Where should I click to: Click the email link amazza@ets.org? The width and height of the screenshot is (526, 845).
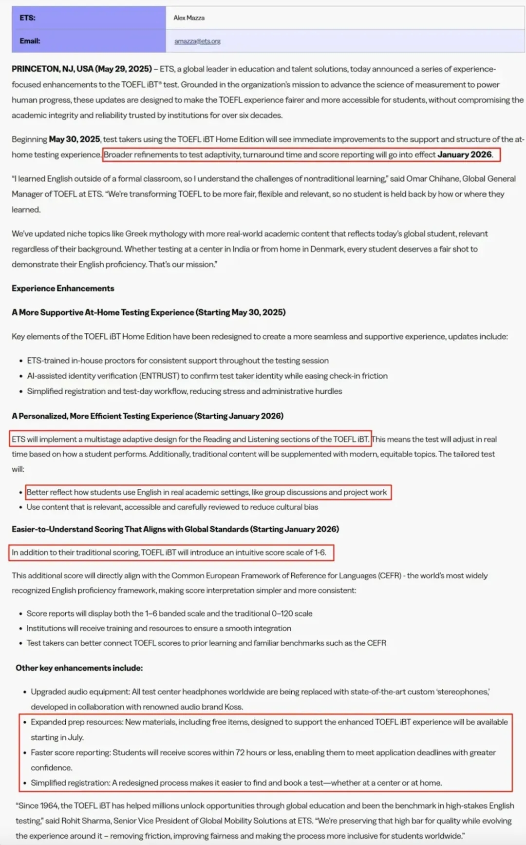pyautogui.click(x=197, y=41)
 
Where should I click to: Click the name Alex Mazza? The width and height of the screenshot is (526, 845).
pyautogui.click(x=189, y=18)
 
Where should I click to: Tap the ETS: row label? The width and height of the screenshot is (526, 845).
pyautogui.click(x=27, y=18)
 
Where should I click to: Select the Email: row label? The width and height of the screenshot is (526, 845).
pyautogui.click(x=30, y=41)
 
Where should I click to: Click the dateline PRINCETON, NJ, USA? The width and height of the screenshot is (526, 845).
pyautogui.click(x=52, y=69)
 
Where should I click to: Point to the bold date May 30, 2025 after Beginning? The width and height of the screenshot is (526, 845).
pyautogui.click(x=75, y=139)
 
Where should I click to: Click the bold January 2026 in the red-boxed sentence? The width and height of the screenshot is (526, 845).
pyautogui.click(x=465, y=155)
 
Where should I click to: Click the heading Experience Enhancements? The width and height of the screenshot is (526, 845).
pyautogui.click(x=63, y=288)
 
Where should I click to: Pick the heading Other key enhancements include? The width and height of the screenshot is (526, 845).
pyautogui.click(x=79, y=668)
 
